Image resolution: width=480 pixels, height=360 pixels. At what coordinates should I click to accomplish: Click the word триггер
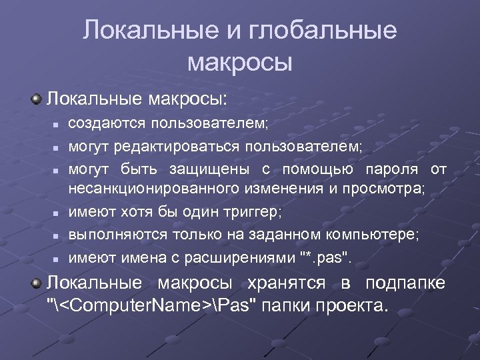coord(252,212)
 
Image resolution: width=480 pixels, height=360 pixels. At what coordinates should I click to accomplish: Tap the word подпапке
coord(405,283)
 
